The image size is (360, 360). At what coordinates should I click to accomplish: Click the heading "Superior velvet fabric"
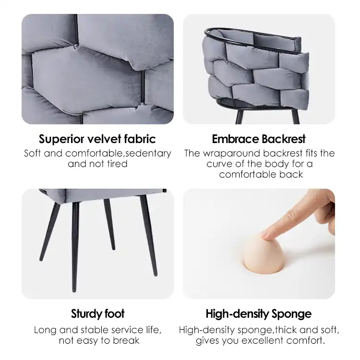tap(97, 139)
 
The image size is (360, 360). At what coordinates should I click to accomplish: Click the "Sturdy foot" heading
tap(97, 314)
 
